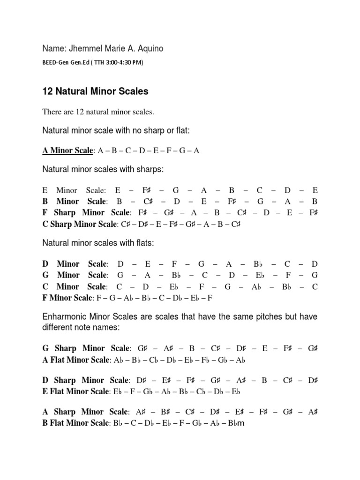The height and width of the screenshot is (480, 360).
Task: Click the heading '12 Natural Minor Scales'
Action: pyautogui.click(x=95, y=91)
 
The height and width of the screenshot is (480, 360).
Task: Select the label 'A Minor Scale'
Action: pyautogui.click(x=68, y=150)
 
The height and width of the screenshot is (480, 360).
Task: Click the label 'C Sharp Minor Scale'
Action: pyautogui.click(x=80, y=224)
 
